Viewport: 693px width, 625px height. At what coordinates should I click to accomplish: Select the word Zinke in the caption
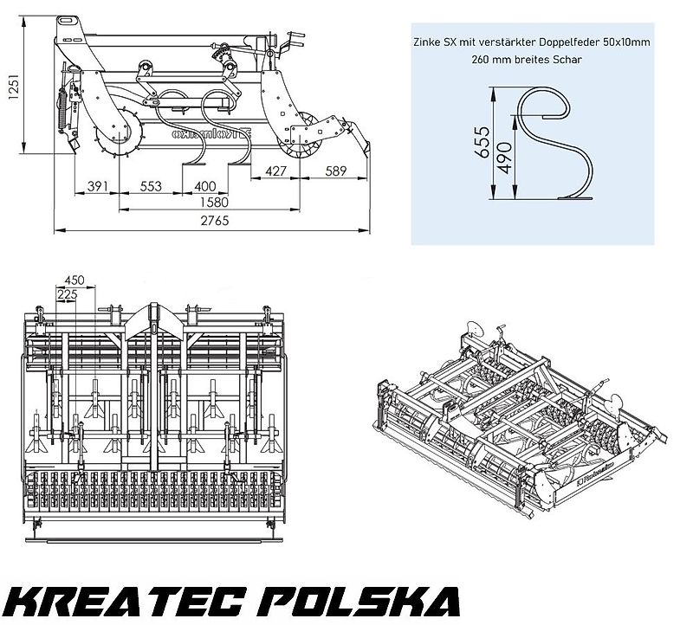point(427,42)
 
